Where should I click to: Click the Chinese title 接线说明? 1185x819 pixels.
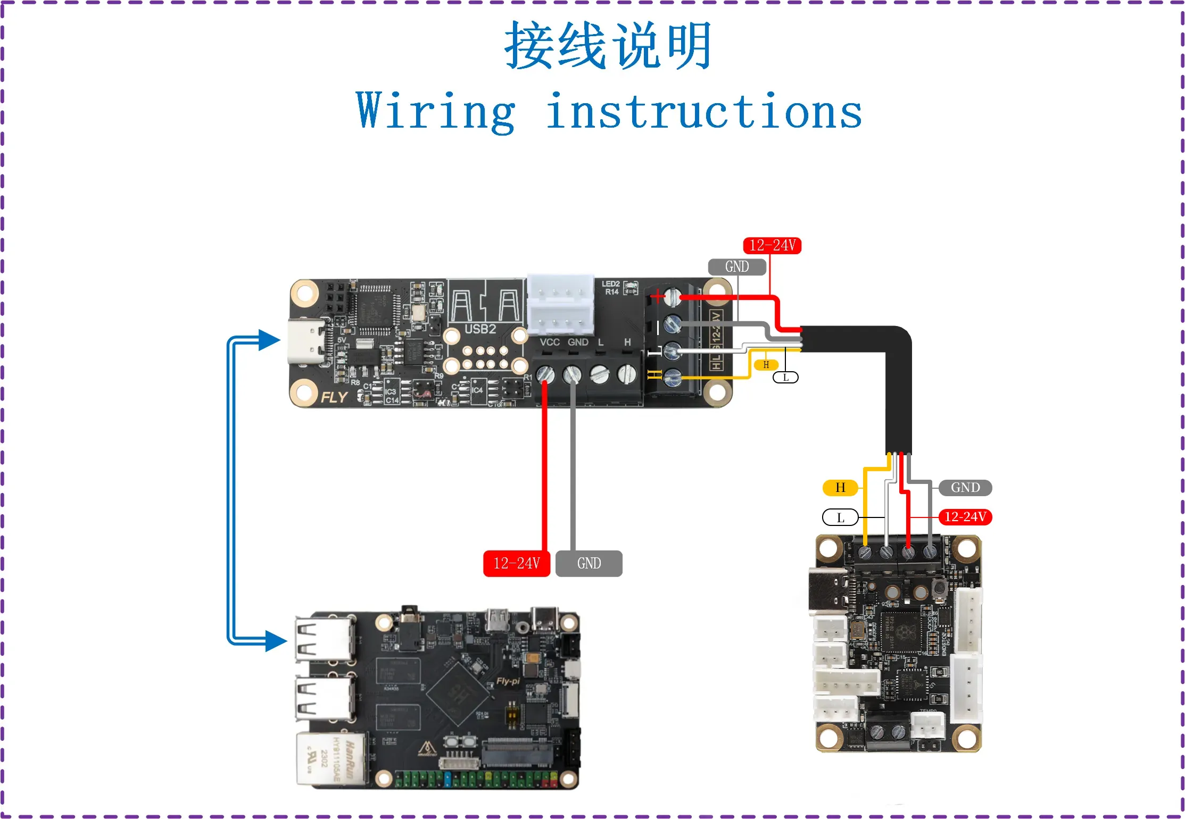608,46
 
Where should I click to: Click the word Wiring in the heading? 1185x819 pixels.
435,112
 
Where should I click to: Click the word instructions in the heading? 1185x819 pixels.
703,112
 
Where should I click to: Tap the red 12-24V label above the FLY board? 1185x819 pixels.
772,245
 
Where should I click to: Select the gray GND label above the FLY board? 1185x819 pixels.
736,266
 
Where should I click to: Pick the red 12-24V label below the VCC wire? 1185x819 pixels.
516,563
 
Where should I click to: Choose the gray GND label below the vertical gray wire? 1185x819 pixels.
589,563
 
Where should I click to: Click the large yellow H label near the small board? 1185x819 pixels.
840,488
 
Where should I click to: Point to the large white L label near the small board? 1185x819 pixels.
840,517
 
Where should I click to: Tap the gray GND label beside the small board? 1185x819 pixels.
965,488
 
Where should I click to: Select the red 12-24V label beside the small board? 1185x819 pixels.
965,517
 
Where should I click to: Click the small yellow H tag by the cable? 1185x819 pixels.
766,365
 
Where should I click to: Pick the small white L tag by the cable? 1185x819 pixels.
785,378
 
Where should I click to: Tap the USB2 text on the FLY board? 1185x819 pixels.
480,329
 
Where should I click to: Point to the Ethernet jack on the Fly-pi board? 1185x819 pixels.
331,759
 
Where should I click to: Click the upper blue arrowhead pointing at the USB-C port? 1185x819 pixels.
269,340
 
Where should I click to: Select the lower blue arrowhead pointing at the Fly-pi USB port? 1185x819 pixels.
275,641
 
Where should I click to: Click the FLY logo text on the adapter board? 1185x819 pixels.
334,397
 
